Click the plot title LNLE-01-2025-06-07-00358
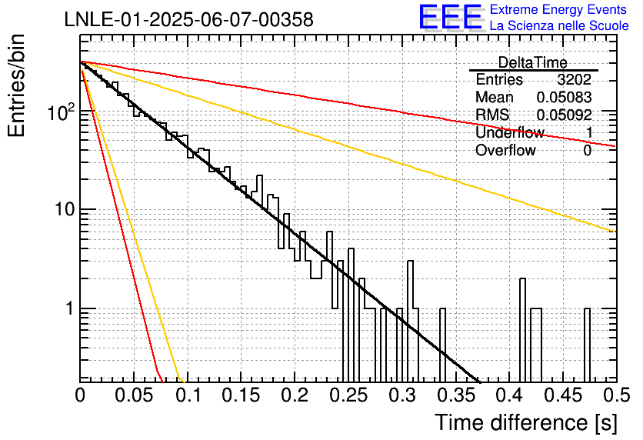coord(189,19)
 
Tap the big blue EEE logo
coord(451,17)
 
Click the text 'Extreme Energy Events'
coord(558,9)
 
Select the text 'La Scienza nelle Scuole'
coord(559,25)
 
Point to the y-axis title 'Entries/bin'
coord(16,85)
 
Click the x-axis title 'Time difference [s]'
coord(526,422)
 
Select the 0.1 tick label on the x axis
coord(188,395)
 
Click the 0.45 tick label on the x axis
coord(564,395)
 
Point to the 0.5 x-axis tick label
coord(617,395)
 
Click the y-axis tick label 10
coord(65,209)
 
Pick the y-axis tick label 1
coord(70,308)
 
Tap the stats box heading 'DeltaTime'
coord(533,62)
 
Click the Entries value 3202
coord(574,79)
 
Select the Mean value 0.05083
coord(564,97)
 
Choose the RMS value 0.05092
coord(564,115)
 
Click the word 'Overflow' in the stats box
coord(505,151)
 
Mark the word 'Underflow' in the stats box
coord(510,132)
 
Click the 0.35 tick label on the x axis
coord(456,395)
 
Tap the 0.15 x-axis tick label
coord(242,395)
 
